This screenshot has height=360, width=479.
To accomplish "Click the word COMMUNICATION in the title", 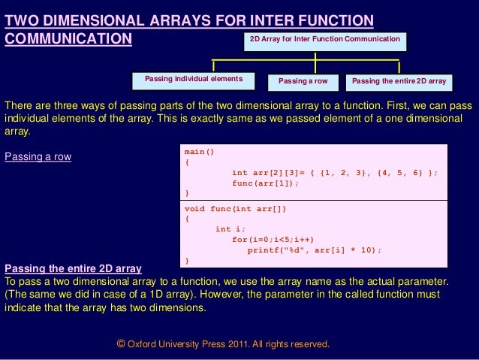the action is [68, 39].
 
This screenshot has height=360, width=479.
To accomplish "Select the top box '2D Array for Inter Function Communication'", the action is [325, 42].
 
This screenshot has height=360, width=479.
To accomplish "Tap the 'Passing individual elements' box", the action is [194, 81].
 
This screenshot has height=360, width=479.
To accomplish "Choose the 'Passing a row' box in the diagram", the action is [303, 83].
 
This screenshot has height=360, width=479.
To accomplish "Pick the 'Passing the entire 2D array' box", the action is [399, 83].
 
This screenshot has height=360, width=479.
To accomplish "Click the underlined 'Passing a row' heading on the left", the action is [38, 156].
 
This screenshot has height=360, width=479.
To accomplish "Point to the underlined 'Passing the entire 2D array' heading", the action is [73, 268].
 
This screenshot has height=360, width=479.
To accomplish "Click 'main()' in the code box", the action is [199, 152].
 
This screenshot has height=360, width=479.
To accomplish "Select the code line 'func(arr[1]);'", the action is [265, 183].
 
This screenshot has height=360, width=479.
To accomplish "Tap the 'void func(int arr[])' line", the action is [235, 209].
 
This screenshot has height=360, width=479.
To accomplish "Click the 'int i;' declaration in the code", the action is [230, 229].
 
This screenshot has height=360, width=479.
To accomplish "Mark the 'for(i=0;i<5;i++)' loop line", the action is [273, 240].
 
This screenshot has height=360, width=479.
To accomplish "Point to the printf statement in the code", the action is [315, 250].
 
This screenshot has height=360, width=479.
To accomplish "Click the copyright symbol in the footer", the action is [121, 343].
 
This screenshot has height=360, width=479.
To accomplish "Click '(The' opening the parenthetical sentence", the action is [16, 295].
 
